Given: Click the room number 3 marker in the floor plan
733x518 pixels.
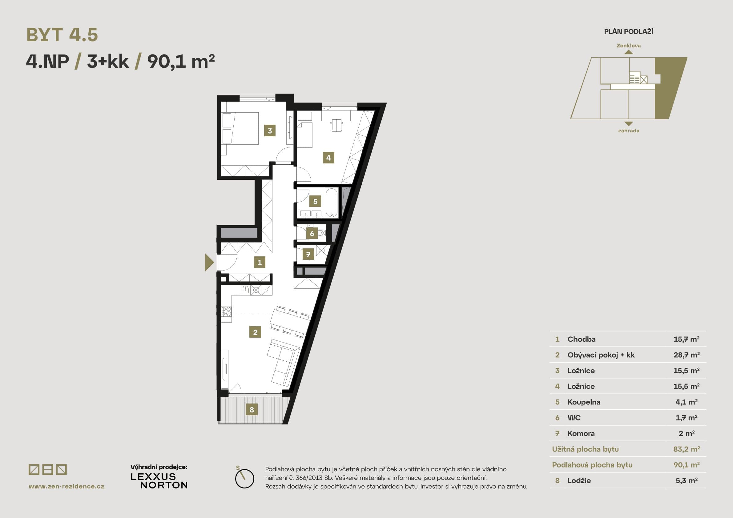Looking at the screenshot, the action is coord(270,131).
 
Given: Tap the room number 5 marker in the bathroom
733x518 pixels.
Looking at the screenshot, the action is coord(315,201).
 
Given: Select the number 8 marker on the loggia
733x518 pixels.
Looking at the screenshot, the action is coord(252,409).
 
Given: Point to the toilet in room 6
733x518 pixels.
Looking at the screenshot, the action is coord(321,233).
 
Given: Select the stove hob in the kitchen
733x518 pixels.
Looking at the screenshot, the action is coord(227,311).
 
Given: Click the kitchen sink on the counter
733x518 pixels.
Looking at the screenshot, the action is coord(245,290).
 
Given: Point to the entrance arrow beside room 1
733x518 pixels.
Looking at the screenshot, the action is coord(209,262).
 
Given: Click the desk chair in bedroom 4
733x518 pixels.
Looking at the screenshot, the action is coord(336,125).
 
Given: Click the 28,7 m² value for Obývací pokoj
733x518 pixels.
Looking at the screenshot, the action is coord(687,355).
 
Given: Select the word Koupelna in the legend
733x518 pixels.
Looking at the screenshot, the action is coord(584,402).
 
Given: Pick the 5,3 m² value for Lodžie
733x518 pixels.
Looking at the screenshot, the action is coord(687,480).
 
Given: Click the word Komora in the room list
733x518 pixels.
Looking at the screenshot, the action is coord(581,433).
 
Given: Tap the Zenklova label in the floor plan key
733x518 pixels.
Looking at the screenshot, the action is coord(629,46).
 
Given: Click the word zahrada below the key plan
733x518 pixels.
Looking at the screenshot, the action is coord(629,131).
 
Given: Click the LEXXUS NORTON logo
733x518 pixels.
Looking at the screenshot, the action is coord(159,481).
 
